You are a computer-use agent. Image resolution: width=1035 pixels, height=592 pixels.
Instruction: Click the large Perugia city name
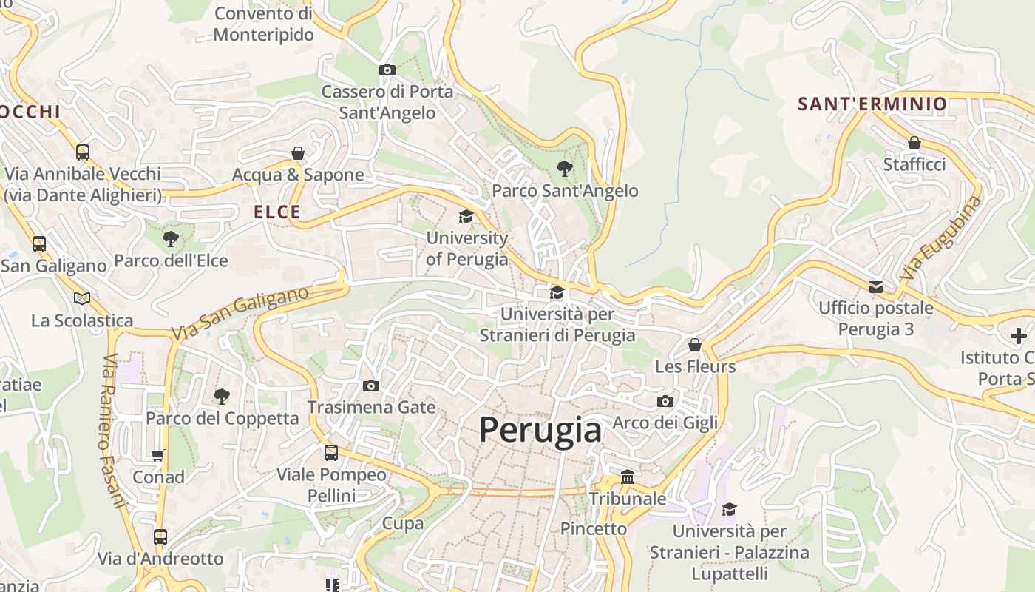click(540, 430)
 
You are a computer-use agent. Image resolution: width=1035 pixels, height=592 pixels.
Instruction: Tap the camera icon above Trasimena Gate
click(371, 386)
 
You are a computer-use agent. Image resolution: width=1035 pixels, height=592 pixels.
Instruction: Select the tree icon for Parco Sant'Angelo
click(565, 169)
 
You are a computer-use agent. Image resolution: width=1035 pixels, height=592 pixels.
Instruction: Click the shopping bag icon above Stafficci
click(914, 143)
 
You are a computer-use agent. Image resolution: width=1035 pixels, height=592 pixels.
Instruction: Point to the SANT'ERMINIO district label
click(872, 104)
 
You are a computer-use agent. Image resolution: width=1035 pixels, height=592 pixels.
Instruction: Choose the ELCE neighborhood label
click(277, 212)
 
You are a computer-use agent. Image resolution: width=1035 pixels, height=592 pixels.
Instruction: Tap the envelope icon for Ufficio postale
click(876, 286)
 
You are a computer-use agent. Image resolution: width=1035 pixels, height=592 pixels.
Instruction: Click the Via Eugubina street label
click(941, 237)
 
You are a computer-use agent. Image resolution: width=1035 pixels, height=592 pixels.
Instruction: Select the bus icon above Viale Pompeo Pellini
click(331, 452)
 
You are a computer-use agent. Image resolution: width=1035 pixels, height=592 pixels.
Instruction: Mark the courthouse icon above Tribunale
click(628, 477)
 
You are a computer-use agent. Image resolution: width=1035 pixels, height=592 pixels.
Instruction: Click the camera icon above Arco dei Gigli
click(665, 401)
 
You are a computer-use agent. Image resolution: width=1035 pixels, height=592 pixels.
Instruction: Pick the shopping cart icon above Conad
click(157, 455)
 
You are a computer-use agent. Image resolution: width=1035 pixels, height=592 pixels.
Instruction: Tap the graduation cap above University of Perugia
click(466, 216)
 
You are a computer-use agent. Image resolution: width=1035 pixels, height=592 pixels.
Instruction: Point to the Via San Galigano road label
click(240, 314)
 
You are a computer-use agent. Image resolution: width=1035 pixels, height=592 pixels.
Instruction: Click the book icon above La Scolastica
click(81, 298)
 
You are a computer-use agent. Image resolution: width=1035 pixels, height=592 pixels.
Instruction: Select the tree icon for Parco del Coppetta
click(221, 396)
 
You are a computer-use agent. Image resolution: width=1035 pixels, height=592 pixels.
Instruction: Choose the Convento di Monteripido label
click(263, 24)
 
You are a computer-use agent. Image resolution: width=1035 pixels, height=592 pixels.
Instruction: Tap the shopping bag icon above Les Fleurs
click(695, 345)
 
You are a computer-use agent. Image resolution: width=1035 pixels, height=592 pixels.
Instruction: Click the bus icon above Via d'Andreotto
click(160, 536)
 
